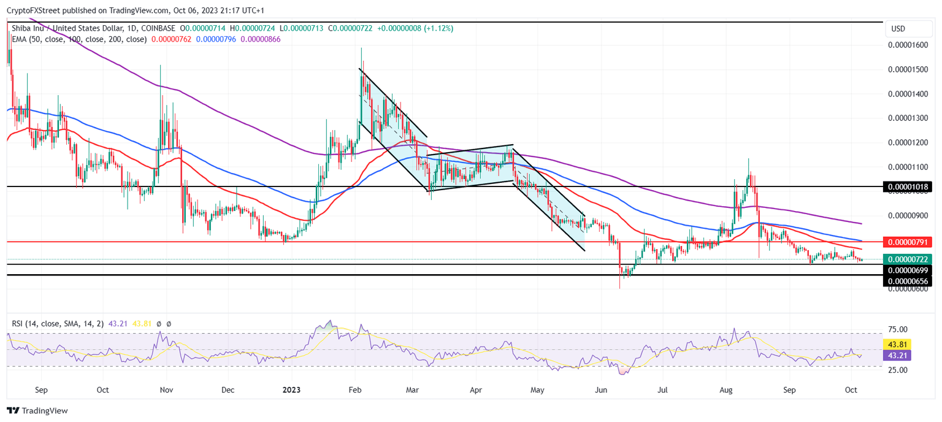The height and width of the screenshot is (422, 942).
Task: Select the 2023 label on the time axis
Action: pos(291,389)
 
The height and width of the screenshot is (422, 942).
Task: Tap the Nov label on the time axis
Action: pos(165,389)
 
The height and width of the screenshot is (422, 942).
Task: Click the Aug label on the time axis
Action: pos(726,389)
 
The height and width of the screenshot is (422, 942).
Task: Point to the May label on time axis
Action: pos(537,389)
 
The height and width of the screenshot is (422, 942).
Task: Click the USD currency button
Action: pos(898,29)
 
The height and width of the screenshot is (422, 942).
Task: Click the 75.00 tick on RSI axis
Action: pos(898,329)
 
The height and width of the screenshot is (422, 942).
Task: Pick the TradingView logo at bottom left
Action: pos(37,410)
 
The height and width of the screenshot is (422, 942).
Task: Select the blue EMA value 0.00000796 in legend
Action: pos(218,39)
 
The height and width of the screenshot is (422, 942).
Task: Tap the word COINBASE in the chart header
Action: pos(158,28)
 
